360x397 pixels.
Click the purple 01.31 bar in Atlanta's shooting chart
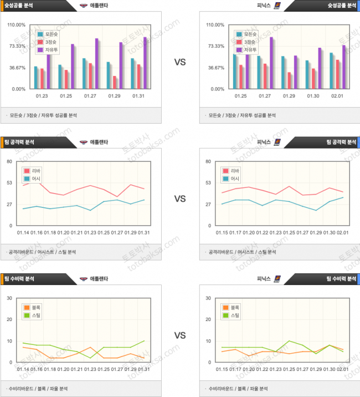click(145, 63)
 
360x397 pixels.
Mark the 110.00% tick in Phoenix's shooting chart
click(215, 25)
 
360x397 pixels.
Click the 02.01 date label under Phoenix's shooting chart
click(337, 96)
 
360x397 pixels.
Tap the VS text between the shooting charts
click(179, 62)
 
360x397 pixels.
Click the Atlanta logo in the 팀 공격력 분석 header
click(84, 142)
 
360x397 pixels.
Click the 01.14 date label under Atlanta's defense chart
click(23, 369)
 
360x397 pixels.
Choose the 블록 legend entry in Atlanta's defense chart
click(33, 307)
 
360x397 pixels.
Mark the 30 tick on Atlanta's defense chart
click(10, 298)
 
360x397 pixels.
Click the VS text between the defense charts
click(179, 335)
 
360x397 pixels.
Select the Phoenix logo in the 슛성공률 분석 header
click(277, 6)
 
